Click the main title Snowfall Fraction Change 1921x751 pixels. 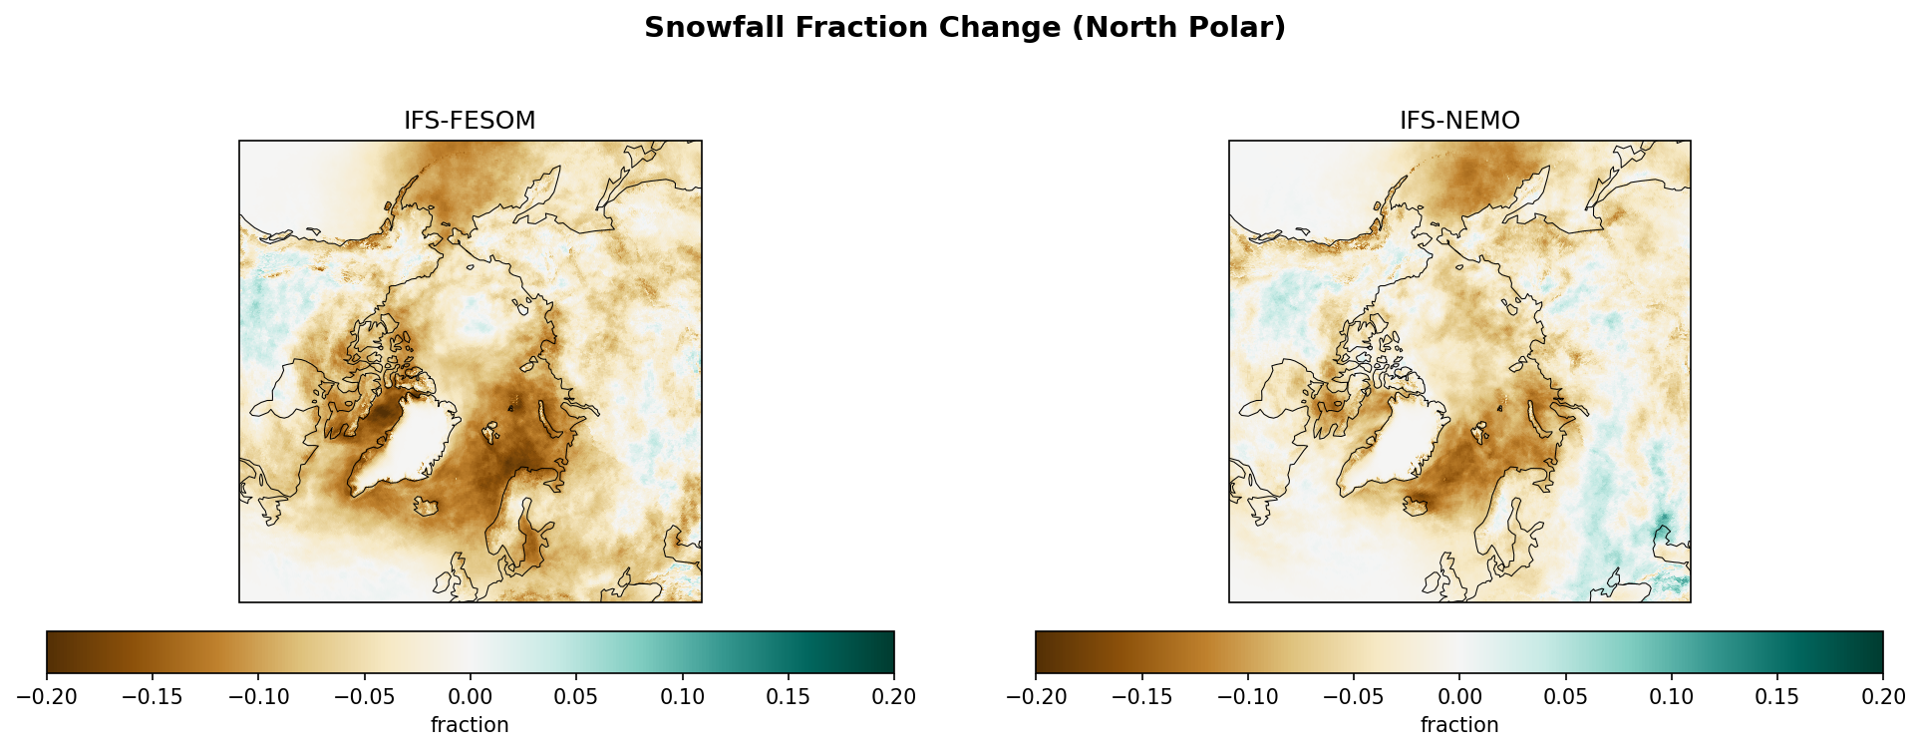(964, 28)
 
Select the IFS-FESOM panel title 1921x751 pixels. (470, 121)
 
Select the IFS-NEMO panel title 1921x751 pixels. (1459, 121)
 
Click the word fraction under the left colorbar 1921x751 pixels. (470, 725)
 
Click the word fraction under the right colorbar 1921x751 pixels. (1459, 725)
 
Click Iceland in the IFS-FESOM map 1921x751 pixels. (427, 507)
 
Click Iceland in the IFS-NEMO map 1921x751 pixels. (1415, 507)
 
